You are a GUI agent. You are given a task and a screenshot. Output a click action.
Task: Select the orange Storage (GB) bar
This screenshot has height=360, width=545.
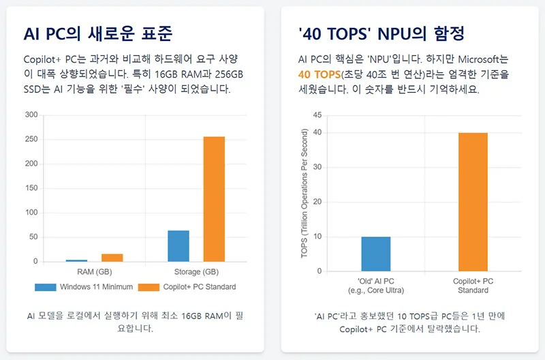coord(214,199)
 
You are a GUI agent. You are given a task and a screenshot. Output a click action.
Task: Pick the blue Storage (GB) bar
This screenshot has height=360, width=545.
coord(178,245)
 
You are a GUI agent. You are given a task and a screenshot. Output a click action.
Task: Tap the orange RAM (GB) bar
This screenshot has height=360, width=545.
coord(112,257)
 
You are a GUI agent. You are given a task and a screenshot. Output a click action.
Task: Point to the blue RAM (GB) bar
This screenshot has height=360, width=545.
coord(76,260)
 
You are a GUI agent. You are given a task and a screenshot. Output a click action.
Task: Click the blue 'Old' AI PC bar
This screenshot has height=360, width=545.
coord(376,254)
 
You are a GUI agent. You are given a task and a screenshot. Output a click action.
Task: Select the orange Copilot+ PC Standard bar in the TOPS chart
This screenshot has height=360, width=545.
coord(473,202)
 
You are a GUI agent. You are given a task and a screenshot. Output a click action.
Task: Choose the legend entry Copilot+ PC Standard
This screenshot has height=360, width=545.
coord(187,287)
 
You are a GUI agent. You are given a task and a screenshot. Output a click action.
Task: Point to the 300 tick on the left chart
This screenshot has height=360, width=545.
coord(31,115)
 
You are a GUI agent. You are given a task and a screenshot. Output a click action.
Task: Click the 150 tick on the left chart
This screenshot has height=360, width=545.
coord(31,188)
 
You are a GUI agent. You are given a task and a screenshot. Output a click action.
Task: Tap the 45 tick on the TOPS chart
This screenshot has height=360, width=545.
coord(317,115)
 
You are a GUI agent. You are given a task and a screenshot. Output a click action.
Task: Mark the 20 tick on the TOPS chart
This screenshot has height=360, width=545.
coord(317,202)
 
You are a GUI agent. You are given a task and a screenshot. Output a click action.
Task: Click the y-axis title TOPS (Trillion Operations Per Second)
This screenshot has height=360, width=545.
coord(305,193)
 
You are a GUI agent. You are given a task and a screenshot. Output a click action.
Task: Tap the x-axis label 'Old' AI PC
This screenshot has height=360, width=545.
coord(376,281)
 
